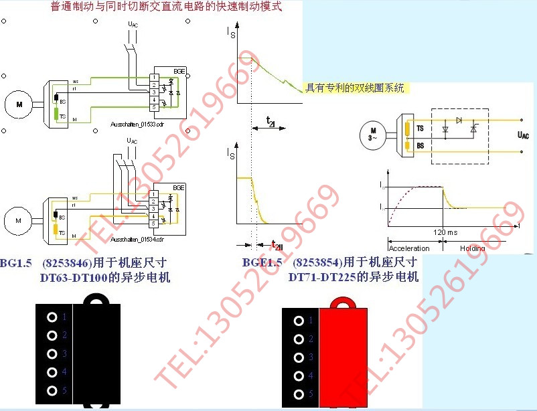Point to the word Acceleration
(x=409, y=248)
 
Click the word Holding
(x=472, y=248)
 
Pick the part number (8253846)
(x=68, y=262)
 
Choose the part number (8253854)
(x=317, y=262)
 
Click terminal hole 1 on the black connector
(x=52, y=317)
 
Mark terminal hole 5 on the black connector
(x=52, y=391)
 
